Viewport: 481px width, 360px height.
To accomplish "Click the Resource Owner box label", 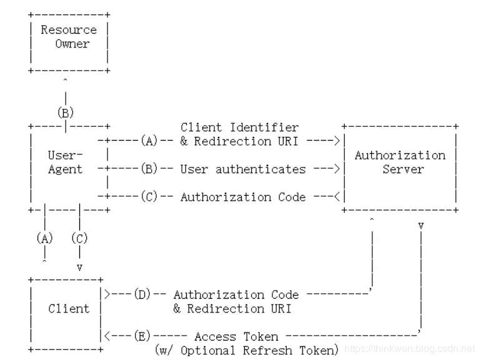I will tap(69, 37).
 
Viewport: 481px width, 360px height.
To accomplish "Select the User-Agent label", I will tap(66, 162).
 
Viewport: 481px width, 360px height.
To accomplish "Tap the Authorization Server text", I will tap(400, 162).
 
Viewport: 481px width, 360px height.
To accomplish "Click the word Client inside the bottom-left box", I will tap(69, 309).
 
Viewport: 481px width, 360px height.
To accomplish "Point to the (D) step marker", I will tap(142, 294).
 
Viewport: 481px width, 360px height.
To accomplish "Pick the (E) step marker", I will tap(142, 336).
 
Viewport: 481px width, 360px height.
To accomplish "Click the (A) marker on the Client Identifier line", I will tap(149, 141).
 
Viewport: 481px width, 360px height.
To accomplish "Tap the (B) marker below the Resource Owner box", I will tap(66, 113).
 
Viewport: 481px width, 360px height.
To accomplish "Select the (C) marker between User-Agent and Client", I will tap(79, 238).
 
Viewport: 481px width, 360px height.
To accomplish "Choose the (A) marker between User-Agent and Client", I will tap(44, 238).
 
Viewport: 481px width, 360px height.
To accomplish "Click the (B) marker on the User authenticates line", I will tap(149, 169).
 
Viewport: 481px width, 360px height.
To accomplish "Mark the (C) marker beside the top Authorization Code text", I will tap(149, 197).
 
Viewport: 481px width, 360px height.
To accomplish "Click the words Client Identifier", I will tap(240, 127).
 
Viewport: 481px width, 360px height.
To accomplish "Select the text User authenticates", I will tap(243, 169).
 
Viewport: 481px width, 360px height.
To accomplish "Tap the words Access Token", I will tap(236, 336).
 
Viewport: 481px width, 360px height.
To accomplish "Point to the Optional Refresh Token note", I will tap(247, 350).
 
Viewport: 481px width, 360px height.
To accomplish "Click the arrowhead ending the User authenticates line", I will tap(337, 169).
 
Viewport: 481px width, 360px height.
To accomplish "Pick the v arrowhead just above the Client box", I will tap(79, 267).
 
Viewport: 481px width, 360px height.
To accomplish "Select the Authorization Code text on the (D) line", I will tap(236, 294).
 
